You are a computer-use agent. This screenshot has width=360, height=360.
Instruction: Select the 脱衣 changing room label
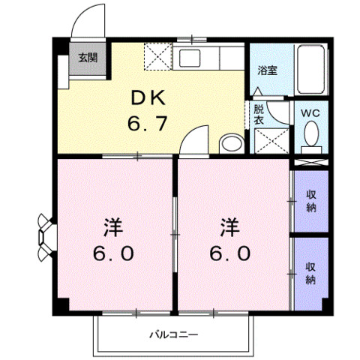[258, 113]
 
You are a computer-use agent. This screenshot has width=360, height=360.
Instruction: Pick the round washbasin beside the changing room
[232, 142]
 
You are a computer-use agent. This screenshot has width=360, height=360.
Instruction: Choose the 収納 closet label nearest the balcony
[310, 274]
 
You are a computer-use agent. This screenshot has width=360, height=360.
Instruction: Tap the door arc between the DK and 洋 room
[193, 141]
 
